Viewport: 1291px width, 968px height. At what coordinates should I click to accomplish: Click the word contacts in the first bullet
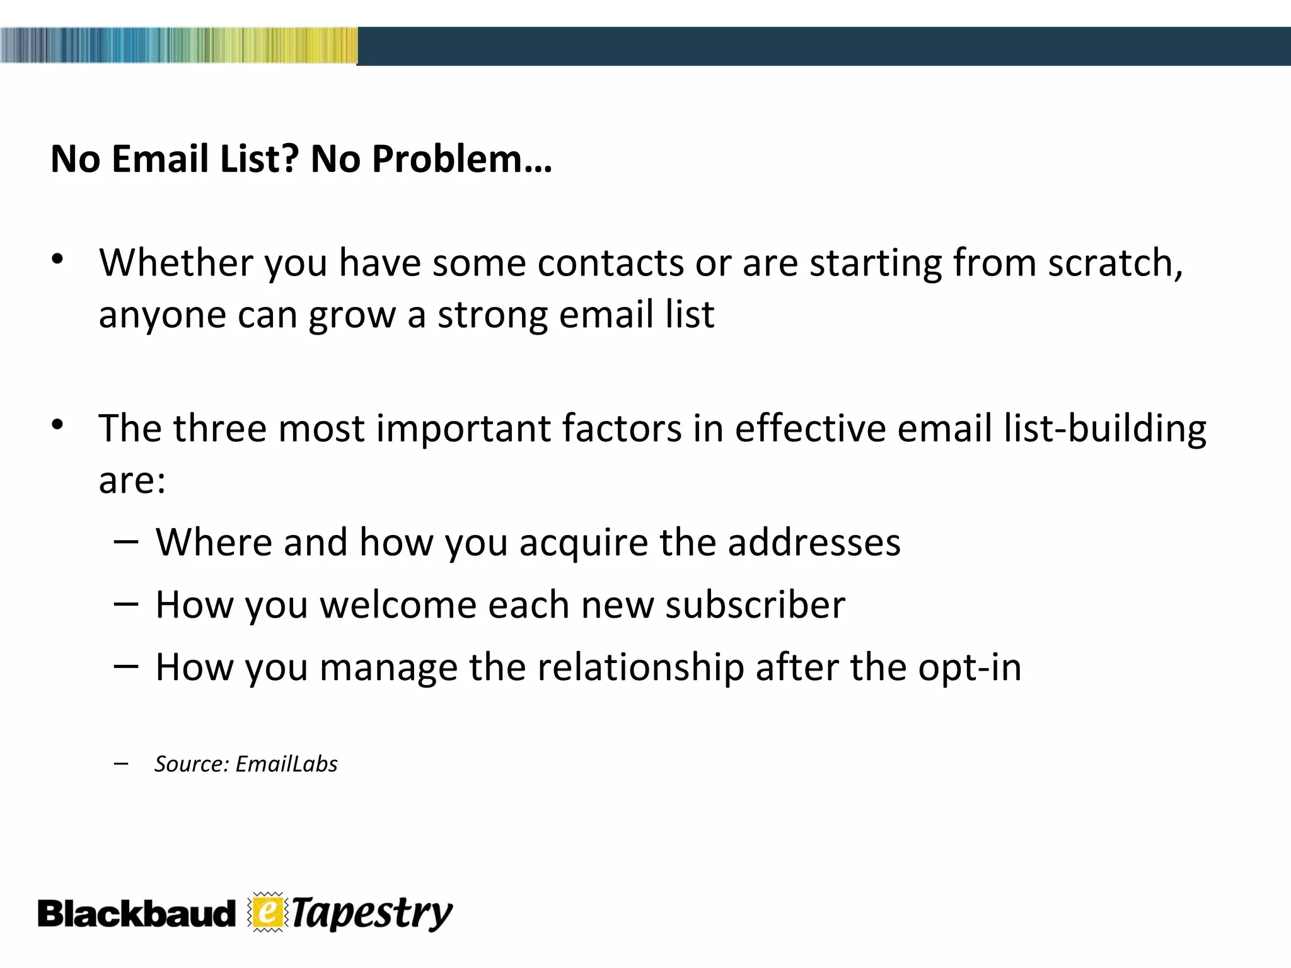610,263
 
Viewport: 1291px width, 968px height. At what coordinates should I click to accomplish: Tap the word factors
622,429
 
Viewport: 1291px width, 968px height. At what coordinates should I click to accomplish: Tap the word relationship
640,667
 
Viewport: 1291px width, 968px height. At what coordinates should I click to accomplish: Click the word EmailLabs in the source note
287,764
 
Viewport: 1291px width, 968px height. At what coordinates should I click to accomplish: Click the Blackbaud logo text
136,914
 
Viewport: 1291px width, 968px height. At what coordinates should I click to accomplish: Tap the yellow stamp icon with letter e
267,912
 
